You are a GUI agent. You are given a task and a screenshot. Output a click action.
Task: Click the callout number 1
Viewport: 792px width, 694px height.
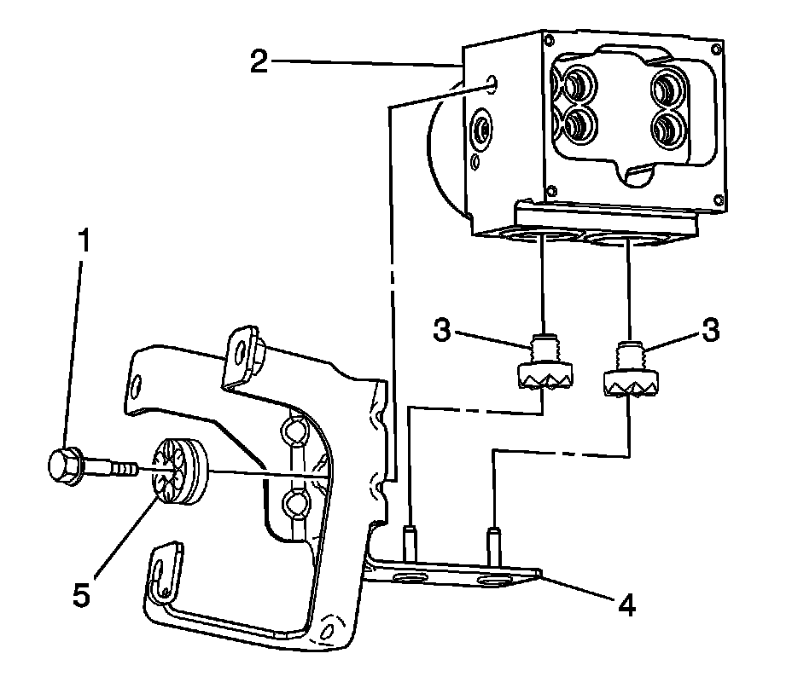click(84, 240)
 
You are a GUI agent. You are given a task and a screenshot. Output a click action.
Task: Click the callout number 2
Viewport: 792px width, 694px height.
click(259, 62)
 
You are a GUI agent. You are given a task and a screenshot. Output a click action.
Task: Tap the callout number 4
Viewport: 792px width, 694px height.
click(626, 604)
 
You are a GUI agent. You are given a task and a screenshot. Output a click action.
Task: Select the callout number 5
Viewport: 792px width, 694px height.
click(81, 594)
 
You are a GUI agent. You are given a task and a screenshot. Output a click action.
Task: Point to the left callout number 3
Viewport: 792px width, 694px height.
click(441, 331)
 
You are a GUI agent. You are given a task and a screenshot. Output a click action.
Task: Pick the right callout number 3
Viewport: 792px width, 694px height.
click(710, 331)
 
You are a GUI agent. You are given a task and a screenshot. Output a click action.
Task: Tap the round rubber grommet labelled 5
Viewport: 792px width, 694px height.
click(180, 472)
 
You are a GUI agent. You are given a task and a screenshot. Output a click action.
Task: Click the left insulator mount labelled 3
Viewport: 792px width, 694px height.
click(543, 362)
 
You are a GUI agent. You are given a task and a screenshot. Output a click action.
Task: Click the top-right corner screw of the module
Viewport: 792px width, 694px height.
click(715, 49)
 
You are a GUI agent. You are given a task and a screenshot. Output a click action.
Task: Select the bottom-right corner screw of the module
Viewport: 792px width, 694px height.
click(719, 199)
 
